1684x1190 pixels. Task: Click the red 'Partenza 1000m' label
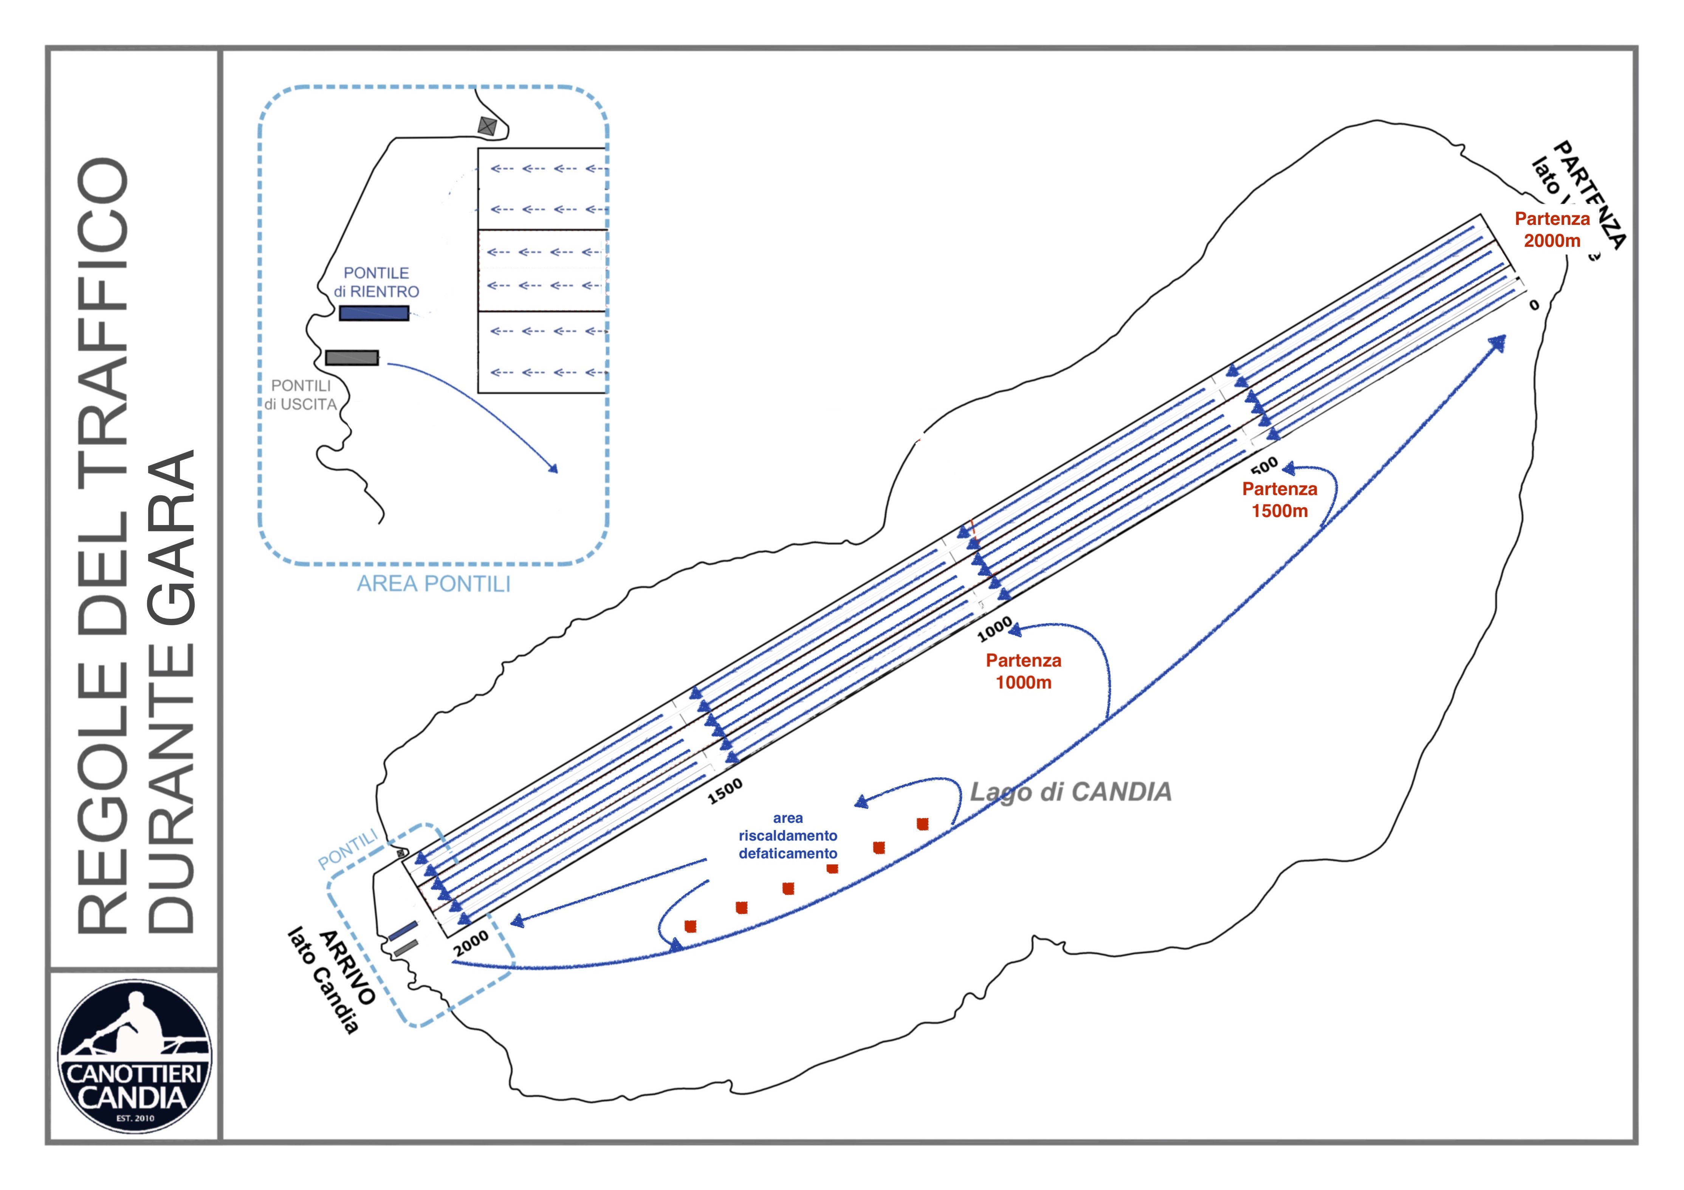coord(1023,671)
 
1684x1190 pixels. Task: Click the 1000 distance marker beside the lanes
coord(995,629)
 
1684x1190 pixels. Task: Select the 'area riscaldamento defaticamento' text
coord(788,836)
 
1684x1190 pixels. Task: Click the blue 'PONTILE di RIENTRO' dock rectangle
coord(373,313)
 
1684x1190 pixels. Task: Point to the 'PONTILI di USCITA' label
coord(301,395)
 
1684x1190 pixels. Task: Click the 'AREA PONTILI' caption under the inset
coord(434,584)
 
